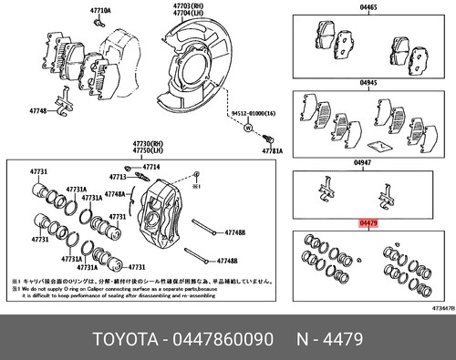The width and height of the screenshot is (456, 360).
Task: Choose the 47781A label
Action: point(272,151)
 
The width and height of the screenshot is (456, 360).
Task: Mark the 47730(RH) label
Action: point(148,144)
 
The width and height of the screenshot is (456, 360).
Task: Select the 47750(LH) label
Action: point(148,151)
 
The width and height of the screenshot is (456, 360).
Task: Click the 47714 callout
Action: point(150,167)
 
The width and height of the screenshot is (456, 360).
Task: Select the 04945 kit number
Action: point(368,82)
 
